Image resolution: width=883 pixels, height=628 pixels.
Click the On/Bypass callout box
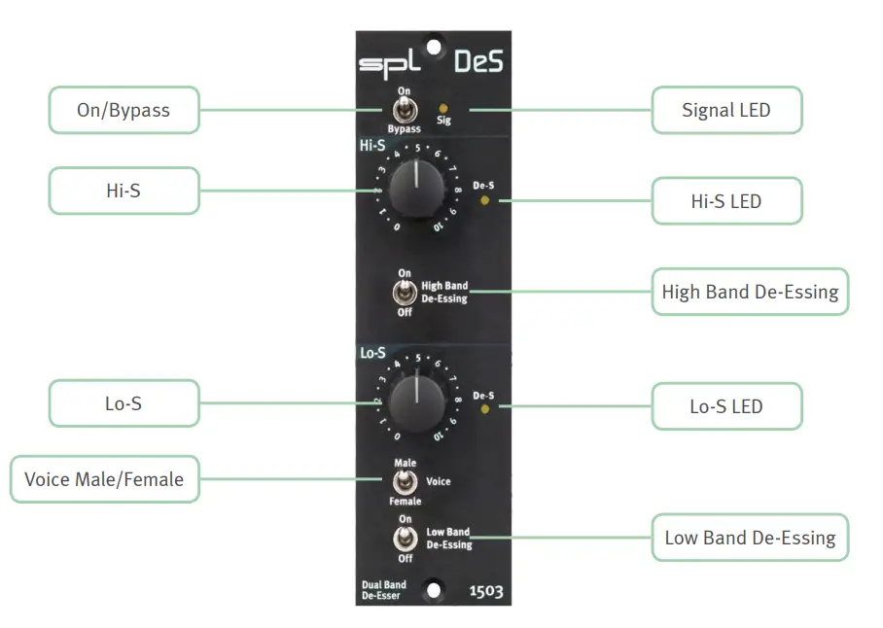coord(124,110)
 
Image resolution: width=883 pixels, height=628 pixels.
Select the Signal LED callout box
coord(726,110)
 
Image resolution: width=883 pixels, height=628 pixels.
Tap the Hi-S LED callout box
coord(726,201)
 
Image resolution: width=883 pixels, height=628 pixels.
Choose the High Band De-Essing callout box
coord(750,292)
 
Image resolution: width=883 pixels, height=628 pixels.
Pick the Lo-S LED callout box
coord(726,406)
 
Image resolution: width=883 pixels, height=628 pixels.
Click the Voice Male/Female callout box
coord(104,479)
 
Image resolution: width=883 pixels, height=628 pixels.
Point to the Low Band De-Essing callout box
coord(750,538)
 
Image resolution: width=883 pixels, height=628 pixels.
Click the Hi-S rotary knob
coord(416,190)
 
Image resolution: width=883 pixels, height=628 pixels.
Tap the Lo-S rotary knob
coord(416,401)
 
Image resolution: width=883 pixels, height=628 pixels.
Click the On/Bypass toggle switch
coord(403,108)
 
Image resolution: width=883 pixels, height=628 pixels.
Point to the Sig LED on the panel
coord(444,108)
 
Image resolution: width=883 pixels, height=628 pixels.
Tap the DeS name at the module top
coord(478,62)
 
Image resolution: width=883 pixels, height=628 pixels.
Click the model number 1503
coord(486,591)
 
